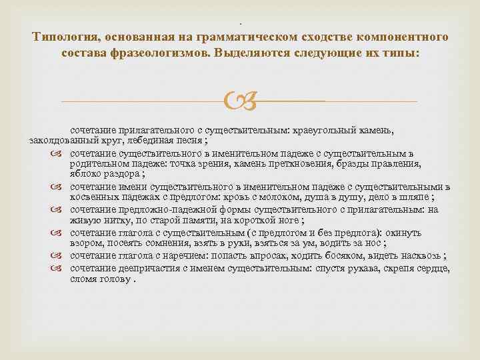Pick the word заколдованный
pos(63,141)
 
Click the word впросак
pos(266,256)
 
